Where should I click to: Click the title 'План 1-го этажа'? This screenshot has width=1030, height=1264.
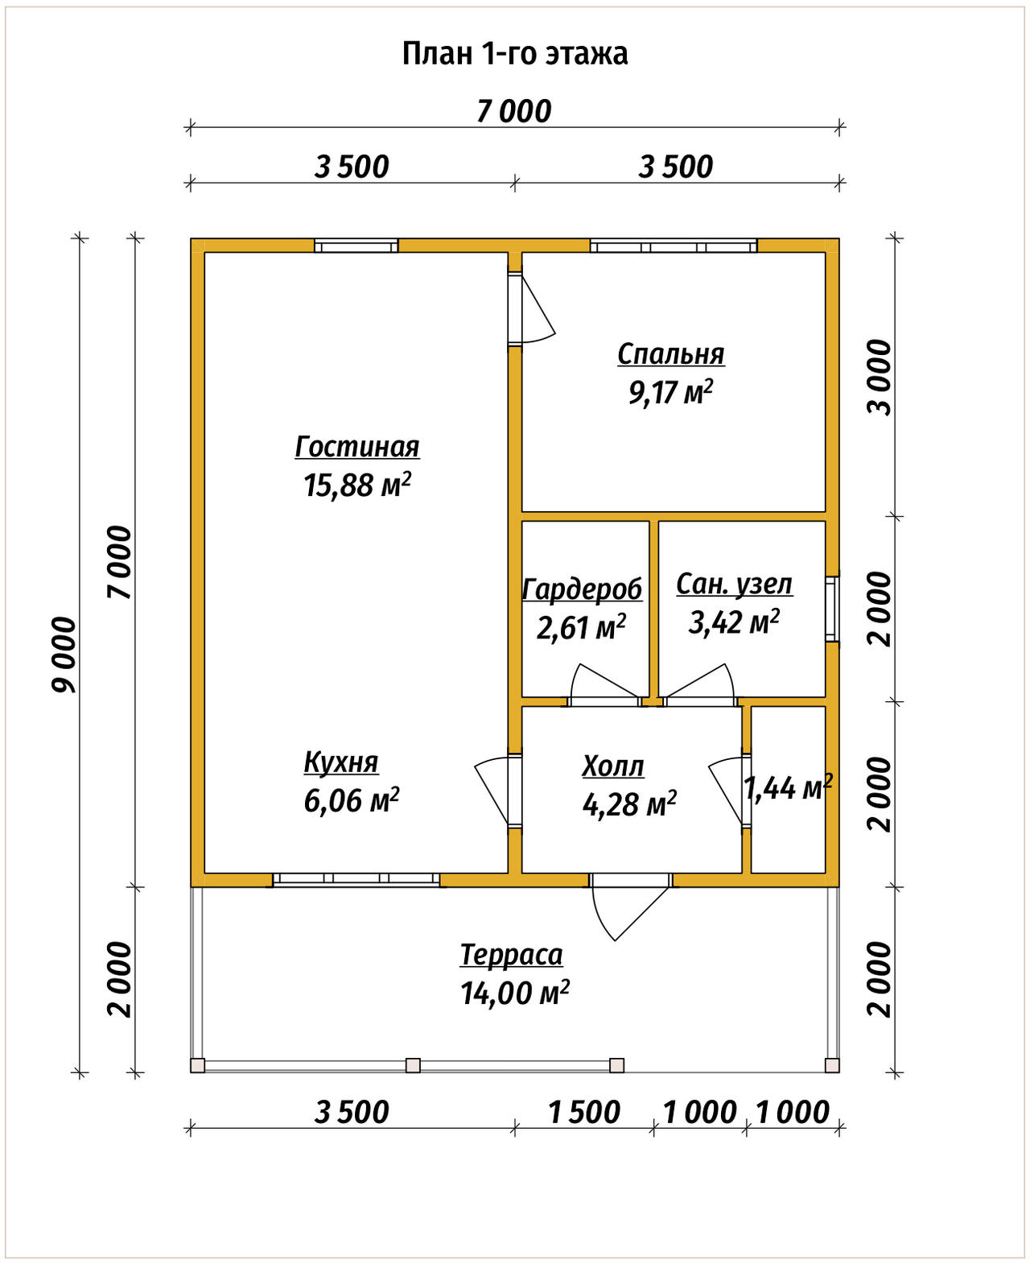pyautogui.click(x=515, y=54)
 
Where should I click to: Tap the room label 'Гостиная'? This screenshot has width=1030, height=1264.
pyautogui.click(x=357, y=447)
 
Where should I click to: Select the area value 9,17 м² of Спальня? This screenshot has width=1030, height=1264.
pyautogui.click(x=671, y=393)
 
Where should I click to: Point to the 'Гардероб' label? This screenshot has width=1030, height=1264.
pyautogui.click(x=583, y=589)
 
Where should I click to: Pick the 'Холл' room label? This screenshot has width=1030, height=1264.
pyautogui.click(x=613, y=766)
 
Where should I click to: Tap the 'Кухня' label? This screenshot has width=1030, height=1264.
pyautogui.click(x=341, y=762)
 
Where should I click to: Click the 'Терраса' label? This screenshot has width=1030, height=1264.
pyautogui.click(x=511, y=955)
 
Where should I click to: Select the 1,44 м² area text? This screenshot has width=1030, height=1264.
pyautogui.click(x=788, y=787)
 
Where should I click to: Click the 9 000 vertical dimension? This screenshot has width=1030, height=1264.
pyautogui.click(x=64, y=655)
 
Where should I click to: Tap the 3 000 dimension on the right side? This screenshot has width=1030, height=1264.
pyautogui.click(x=880, y=378)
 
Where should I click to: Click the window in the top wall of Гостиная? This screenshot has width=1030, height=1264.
pyautogui.click(x=356, y=246)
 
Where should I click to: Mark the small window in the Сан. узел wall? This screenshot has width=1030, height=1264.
pyautogui.click(x=832, y=609)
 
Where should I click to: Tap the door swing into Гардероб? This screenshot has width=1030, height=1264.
pyautogui.click(x=604, y=681)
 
